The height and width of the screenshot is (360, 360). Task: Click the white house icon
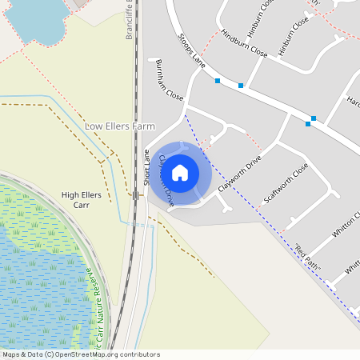coord(180,172)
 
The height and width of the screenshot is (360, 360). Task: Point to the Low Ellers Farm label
coord(119,126)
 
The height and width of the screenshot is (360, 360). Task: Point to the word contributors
coord(141,354)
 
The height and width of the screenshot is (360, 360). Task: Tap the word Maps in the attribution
coord(12,354)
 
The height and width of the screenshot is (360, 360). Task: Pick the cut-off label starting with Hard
coord(352,101)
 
